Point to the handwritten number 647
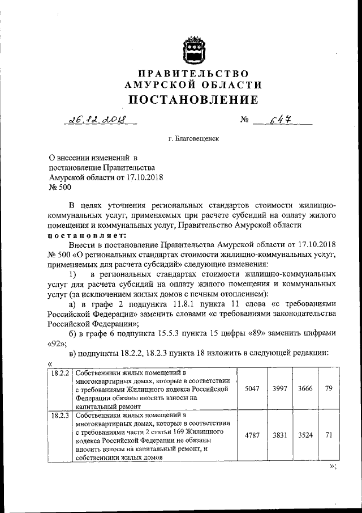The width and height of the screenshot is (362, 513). coord(281,120)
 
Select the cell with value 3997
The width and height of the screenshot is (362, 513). coord(279,389)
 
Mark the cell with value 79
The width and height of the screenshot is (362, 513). coord(328,389)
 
